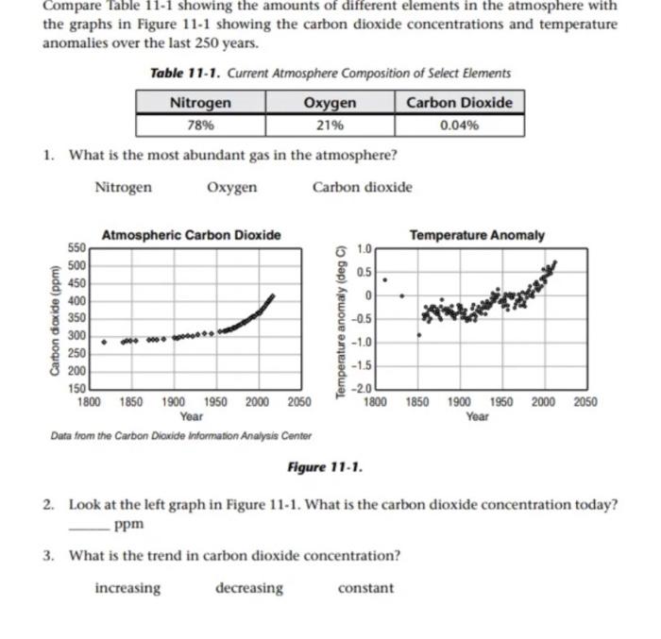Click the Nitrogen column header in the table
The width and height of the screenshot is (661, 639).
[x=200, y=102]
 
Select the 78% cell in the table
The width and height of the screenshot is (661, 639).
[x=200, y=124]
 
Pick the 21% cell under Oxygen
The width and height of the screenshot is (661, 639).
[x=330, y=124]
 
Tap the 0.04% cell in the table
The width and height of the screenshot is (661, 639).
[x=459, y=124]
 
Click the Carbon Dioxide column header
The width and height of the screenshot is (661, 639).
[x=459, y=102]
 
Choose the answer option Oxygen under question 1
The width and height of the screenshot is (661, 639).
[x=231, y=187]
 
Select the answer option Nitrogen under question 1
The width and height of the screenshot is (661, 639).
[x=123, y=187]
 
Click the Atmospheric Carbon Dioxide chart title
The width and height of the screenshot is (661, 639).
[x=191, y=234]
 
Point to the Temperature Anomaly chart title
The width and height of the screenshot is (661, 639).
[x=476, y=234]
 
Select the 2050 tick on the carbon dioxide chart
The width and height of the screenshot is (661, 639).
[x=298, y=401]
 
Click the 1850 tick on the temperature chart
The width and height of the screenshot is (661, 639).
[x=416, y=401]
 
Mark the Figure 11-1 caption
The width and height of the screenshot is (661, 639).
[x=325, y=467]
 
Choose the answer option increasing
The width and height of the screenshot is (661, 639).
[x=127, y=588]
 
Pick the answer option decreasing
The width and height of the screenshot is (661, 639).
[x=248, y=588]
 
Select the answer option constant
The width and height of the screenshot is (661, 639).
[x=365, y=588]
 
